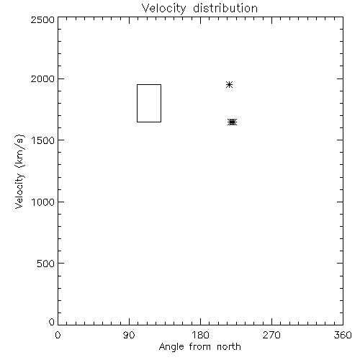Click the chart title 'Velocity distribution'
(199, 9)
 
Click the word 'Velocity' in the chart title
(163, 9)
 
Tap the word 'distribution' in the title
(225, 8)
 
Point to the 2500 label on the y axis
(42, 19)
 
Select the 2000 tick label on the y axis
(42, 78)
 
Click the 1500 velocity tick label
(43, 140)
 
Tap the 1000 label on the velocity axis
(43, 202)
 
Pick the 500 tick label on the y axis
(46, 264)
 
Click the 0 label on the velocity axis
(52, 322)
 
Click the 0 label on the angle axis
(58, 335)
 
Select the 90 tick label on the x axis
(129, 335)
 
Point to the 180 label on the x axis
(200, 335)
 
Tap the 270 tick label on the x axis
(271, 335)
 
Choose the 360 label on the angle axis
(343, 335)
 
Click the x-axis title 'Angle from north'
(200, 347)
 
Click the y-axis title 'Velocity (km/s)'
(19, 171)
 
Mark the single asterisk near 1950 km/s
(229, 84)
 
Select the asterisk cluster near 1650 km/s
(232, 122)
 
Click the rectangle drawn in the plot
(137, 103)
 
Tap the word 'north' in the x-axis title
(229, 346)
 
